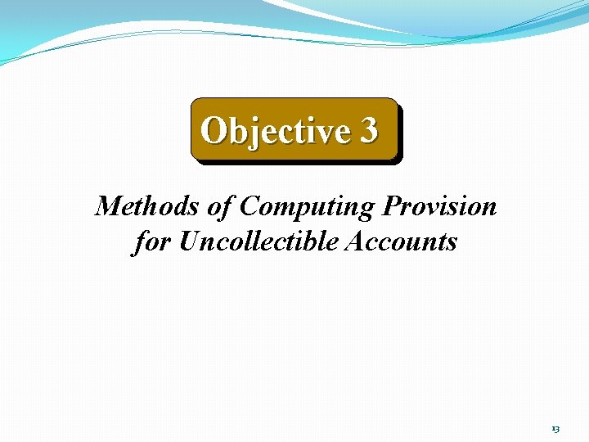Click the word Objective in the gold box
[x=275, y=130]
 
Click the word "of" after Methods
[x=221, y=206]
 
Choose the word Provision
[x=439, y=206]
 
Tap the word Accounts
[x=402, y=242]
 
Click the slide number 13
[x=555, y=429]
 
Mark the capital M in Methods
[x=107, y=206]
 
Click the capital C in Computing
[x=248, y=206]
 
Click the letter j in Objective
[x=251, y=133]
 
